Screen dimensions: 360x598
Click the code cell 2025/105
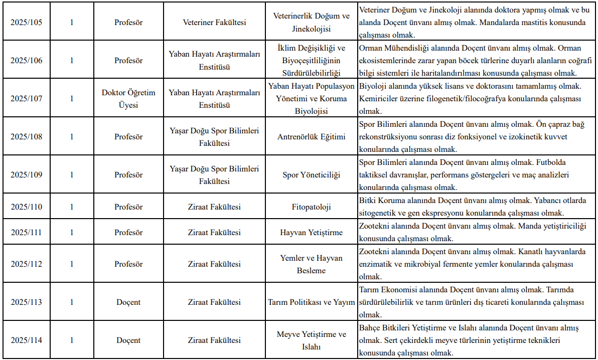(x=27, y=23)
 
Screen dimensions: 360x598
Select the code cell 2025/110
(x=27, y=207)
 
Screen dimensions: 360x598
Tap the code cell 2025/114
(x=27, y=340)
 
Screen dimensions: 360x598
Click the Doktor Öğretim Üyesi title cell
(x=128, y=99)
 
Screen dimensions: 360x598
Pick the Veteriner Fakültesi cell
(x=214, y=23)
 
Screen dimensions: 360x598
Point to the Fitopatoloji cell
(x=311, y=207)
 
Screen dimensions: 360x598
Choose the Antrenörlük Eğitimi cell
(x=311, y=137)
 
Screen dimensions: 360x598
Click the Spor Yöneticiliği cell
(x=311, y=175)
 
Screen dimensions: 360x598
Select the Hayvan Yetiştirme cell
(x=311, y=233)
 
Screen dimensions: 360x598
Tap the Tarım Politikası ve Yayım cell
(x=311, y=302)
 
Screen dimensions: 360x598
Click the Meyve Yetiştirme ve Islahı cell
(x=311, y=340)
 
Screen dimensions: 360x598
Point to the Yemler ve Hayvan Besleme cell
(x=311, y=264)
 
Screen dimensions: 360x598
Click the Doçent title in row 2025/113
(x=128, y=302)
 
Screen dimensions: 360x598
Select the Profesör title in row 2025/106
(x=128, y=61)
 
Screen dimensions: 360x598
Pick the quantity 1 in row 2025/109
(x=72, y=175)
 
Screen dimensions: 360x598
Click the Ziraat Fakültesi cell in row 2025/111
(x=214, y=233)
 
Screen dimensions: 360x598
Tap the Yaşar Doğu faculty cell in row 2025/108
(x=214, y=137)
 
